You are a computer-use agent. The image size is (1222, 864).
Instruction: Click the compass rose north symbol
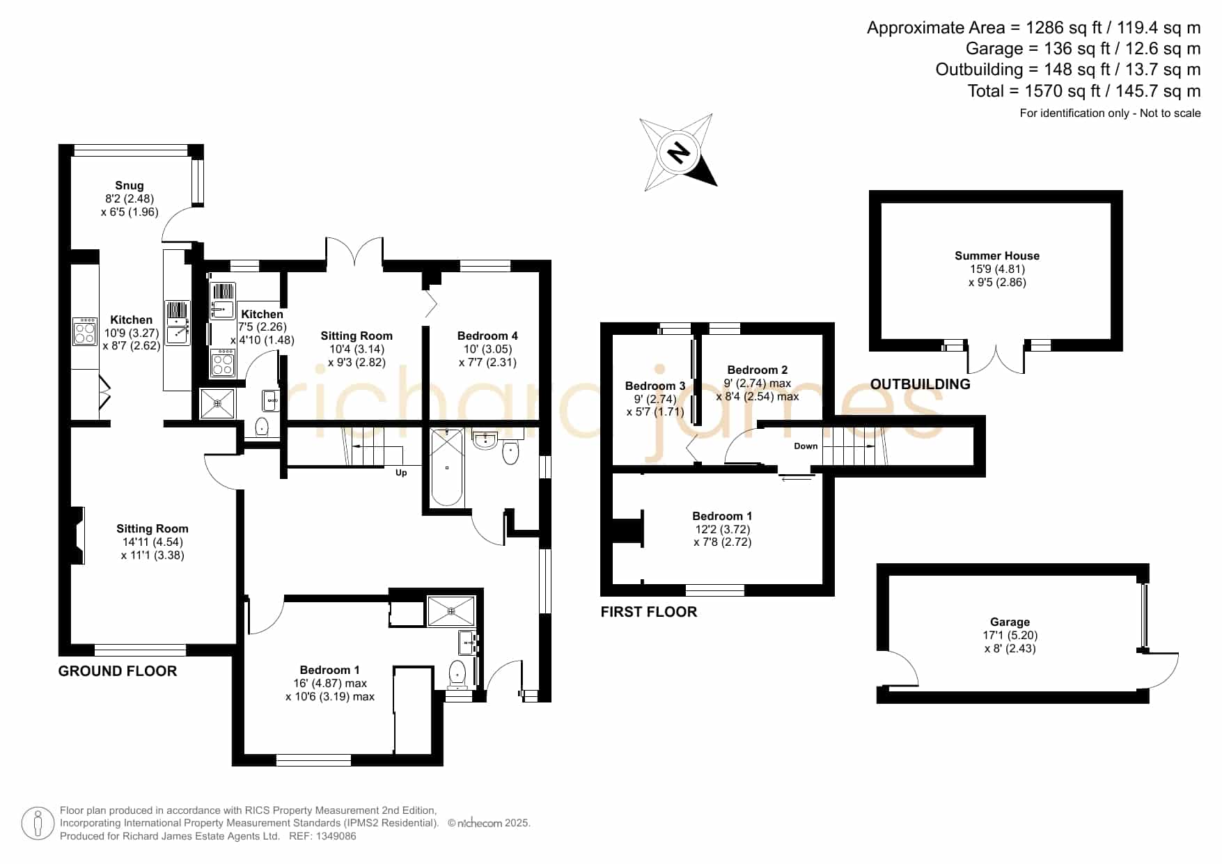pyautogui.click(x=678, y=152)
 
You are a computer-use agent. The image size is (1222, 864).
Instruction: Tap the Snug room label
pyautogui.click(x=130, y=185)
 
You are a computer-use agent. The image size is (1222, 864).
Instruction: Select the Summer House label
pyautogui.click(x=997, y=256)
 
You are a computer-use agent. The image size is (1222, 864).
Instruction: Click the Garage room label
pyautogui.click(x=1010, y=622)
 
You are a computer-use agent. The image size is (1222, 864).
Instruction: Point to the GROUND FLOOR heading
pyautogui.click(x=118, y=670)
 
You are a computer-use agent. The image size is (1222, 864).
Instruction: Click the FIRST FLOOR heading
pyautogui.click(x=649, y=611)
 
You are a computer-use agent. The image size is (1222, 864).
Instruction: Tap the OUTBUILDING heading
pyautogui.click(x=921, y=384)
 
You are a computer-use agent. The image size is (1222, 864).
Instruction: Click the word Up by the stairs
pyautogui.click(x=401, y=473)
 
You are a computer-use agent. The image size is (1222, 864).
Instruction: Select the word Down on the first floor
pyautogui.click(x=806, y=446)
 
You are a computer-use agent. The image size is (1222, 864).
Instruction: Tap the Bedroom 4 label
pyautogui.click(x=487, y=336)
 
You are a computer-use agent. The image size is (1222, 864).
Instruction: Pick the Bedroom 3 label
pyautogui.click(x=655, y=386)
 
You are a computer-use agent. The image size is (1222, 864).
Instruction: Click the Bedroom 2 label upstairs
pyautogui.click(x=758, y=370)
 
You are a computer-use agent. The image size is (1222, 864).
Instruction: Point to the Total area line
pyautogui.click(x=1084, y=91)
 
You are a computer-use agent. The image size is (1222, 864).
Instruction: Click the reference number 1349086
pyautogui.click(x=337, y=836)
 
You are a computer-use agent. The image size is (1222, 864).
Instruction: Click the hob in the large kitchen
pyautogui.click(x=85, y=331)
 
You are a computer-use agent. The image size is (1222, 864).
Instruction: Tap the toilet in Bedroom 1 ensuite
pyautogui.click(x=457, y=674)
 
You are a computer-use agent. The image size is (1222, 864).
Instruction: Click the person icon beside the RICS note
pyautogui.click(x=38, y=824)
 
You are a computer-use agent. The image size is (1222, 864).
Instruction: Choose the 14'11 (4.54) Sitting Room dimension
pyautogui.click(x=152, y=542)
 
